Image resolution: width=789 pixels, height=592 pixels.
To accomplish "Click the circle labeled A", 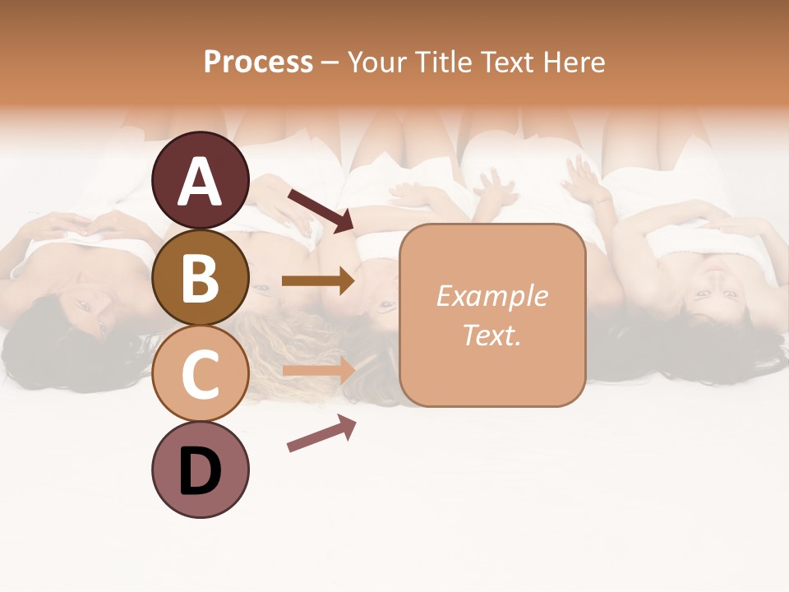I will pyautogui.click(x=201, y=180).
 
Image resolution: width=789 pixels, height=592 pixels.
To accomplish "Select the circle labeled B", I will pyautogui.click(x=201, y=277).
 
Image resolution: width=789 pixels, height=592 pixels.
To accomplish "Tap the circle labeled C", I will pyautogui.click(x=201, y=373).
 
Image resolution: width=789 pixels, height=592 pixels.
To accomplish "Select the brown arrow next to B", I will pyautogui.click(x=317, y=281).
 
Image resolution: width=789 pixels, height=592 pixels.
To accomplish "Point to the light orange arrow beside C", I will pyautogui.click(x=317, y=371).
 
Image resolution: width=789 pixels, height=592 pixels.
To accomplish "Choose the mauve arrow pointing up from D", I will pyautogui.click(x=321, y=432).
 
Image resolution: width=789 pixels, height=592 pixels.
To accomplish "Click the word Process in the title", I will pyautogui.click(x=258, y=62).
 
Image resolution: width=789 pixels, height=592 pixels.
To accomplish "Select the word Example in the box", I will pyautogui.click(x=491, y=296).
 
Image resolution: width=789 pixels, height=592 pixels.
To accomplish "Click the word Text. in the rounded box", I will pyautogui.click(x=491, y=335).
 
